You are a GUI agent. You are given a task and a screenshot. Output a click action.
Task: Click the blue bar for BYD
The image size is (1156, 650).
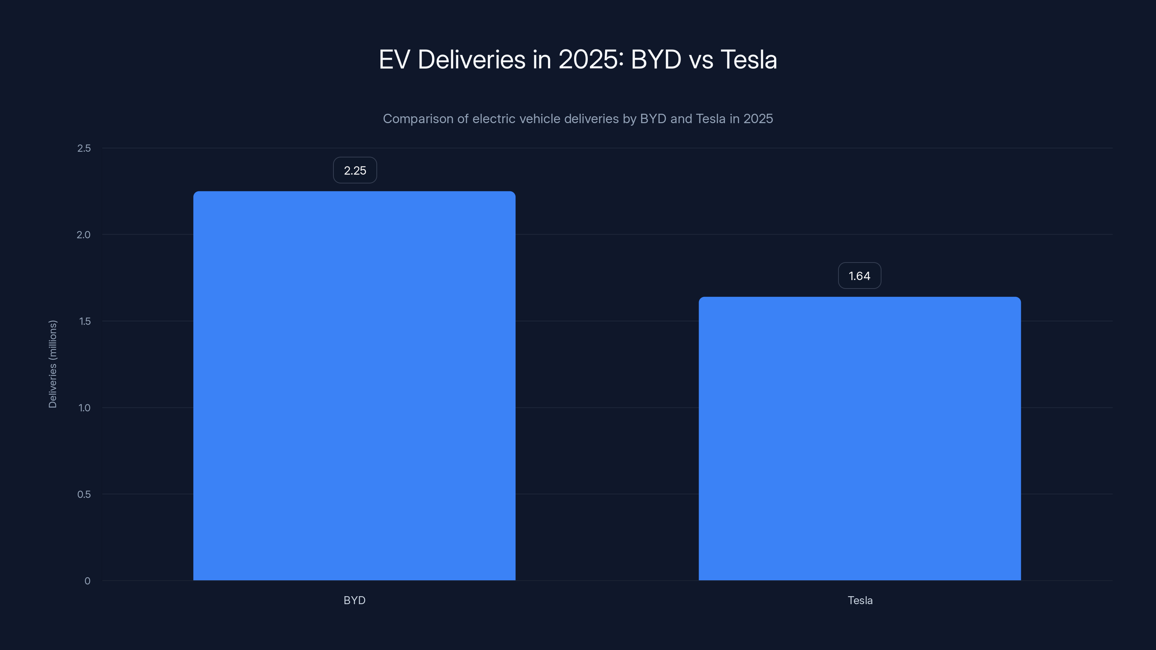pos(354,386)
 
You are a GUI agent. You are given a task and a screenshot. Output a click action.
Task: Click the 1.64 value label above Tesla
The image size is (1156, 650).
pos(859,276)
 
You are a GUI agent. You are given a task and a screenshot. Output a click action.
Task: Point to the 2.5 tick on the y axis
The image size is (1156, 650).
pos(84,148)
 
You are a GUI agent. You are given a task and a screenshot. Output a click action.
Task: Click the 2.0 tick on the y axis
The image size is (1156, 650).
pos(83,235)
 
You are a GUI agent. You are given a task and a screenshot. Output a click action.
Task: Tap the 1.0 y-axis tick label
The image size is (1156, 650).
pos(85,408)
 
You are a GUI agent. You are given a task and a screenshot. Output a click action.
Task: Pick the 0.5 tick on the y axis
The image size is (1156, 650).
pos(84,494)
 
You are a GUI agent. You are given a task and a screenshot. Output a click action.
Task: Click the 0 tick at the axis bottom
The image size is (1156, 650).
pos(87,581)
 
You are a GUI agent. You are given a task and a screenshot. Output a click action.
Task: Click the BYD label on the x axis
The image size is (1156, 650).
pos(354,601)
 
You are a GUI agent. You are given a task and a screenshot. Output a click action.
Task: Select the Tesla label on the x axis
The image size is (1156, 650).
pos(860,601)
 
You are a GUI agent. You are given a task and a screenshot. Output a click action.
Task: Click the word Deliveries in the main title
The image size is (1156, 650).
pos(471,60)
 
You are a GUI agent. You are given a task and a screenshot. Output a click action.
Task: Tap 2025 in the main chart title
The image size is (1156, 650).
pos(588,60)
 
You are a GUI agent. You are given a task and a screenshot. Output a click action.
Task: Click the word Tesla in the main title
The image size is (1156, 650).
pos(749,60)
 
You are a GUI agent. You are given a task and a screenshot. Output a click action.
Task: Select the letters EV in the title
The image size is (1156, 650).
pos(394,60)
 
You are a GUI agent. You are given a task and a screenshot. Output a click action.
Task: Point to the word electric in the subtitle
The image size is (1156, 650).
pos(493,119)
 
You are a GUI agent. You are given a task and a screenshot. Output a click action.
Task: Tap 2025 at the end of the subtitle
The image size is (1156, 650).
pos(758,119)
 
